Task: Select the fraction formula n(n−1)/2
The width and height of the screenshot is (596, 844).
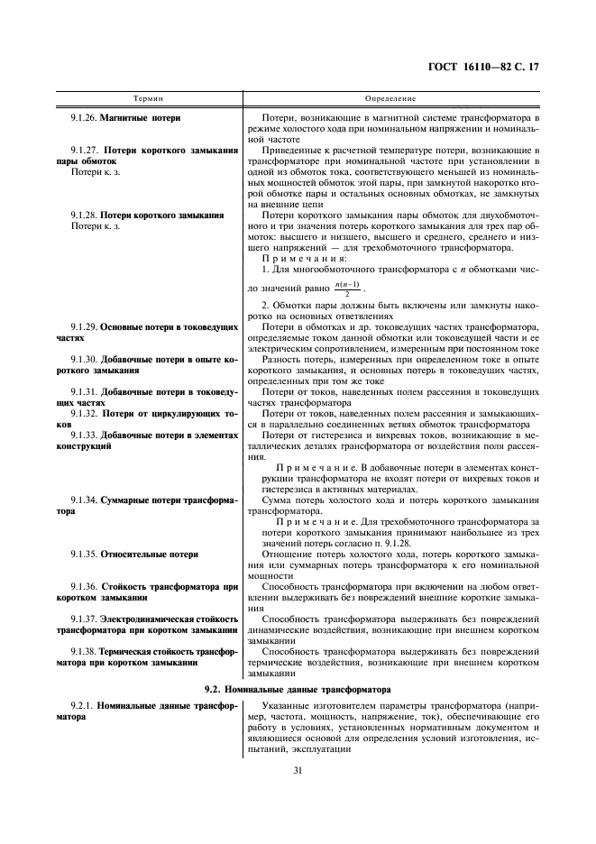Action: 345,290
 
